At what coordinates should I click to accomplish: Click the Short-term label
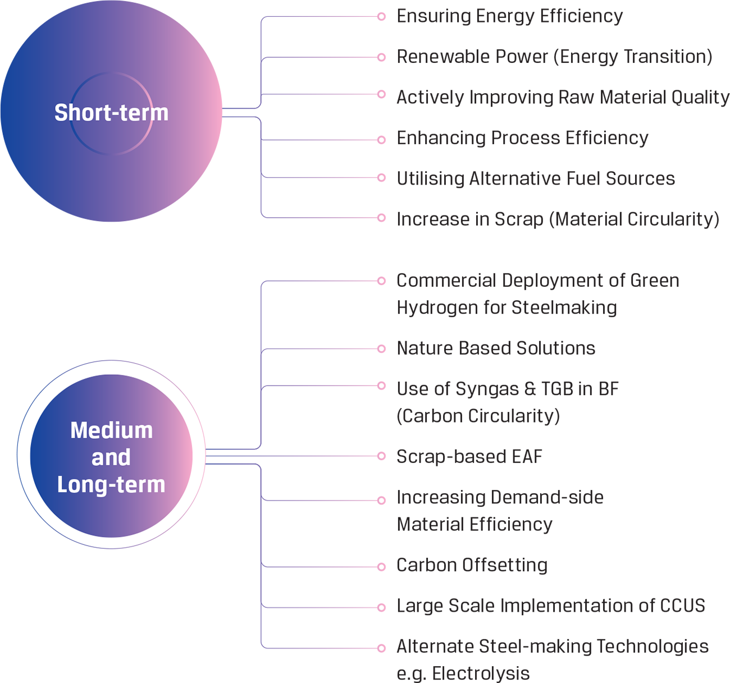111,113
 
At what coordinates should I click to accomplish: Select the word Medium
111,430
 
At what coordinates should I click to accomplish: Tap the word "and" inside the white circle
111,457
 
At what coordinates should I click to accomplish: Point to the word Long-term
111,484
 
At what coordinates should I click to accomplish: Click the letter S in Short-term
60,113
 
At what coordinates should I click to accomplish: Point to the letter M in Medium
78,430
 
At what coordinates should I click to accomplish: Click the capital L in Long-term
61,484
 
